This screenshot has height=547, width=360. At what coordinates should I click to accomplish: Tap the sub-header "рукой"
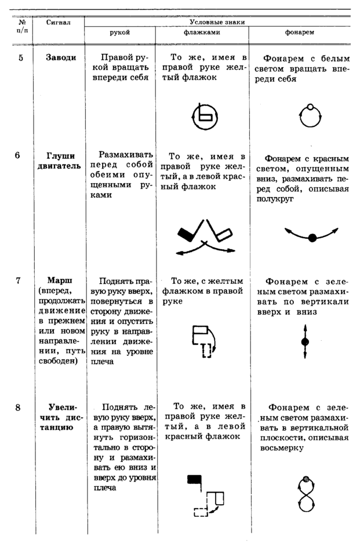pos(119,32)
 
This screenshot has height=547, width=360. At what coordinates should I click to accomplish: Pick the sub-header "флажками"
pos(202,32)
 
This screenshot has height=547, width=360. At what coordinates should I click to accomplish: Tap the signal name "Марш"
pos(59,281)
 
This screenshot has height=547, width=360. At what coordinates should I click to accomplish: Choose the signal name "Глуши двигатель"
pos(60,161)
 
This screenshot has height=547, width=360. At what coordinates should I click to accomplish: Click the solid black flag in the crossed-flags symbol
pos(187,235)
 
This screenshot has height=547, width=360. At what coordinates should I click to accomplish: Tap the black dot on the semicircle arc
pos(312,238)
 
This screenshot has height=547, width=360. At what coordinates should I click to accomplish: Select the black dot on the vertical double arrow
pos(305,341)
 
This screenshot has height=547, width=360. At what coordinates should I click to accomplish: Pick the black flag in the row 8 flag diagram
pos(195,479)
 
